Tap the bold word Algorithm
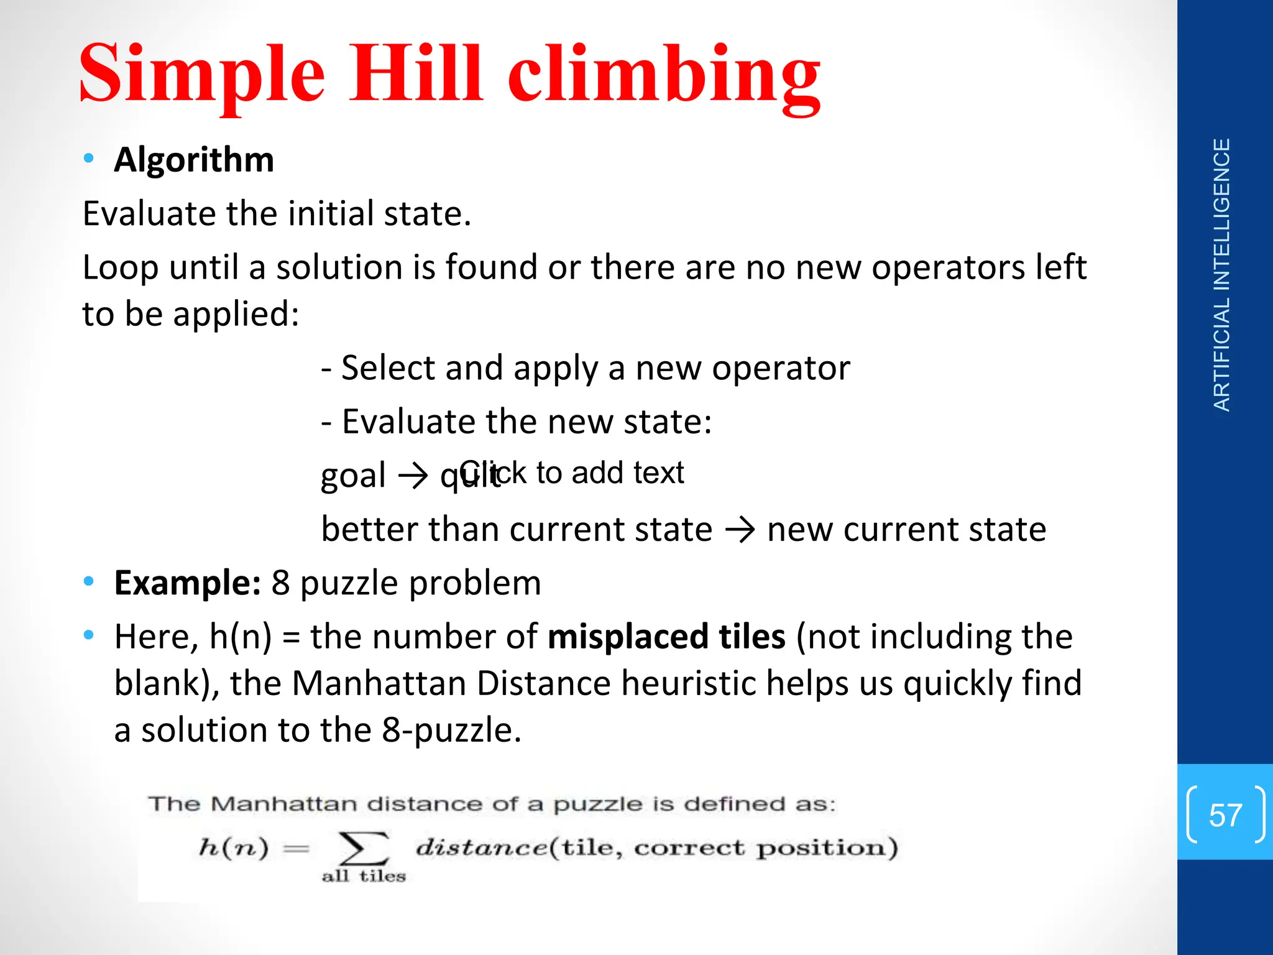click(x=194, y=160)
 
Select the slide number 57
click(x=1225, y=814)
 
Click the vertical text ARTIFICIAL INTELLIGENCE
click(x=1222, y=275)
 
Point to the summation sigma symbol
click(x=363, y=849)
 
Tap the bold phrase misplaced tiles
click(x=666, y=637)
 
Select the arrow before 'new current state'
click(x=740, y=530)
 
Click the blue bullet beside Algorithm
click(x=89, y=159)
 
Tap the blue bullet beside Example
click(x=89, y=582)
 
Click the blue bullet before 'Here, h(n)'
click(x=89, y=635)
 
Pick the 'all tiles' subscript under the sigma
click(x=364, y=877)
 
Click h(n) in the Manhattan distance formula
click(x=234, y=848)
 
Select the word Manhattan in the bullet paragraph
click(x=379, y=683)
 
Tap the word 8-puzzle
click(x=451, y=730)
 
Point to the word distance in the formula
click(x=482, y=847)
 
